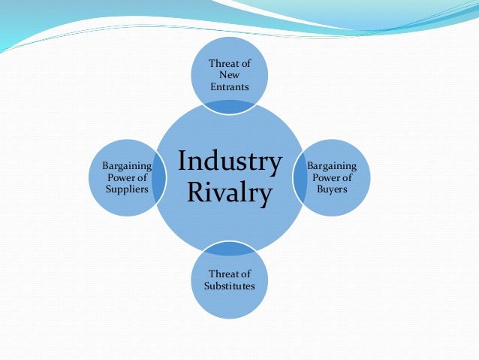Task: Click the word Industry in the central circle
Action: pos(230,162)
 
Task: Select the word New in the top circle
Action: pos(229,75)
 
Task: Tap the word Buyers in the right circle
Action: pos(331,190)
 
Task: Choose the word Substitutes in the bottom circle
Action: pos(229,286)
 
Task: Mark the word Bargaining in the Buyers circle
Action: pos(332,166)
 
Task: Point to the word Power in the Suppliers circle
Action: pos(117,177)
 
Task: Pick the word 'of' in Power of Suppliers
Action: pos(139,177)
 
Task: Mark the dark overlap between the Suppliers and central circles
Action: pos(158,179)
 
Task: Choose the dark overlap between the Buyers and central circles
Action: pos(300,177)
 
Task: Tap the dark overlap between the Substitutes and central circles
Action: pos(229,249)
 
